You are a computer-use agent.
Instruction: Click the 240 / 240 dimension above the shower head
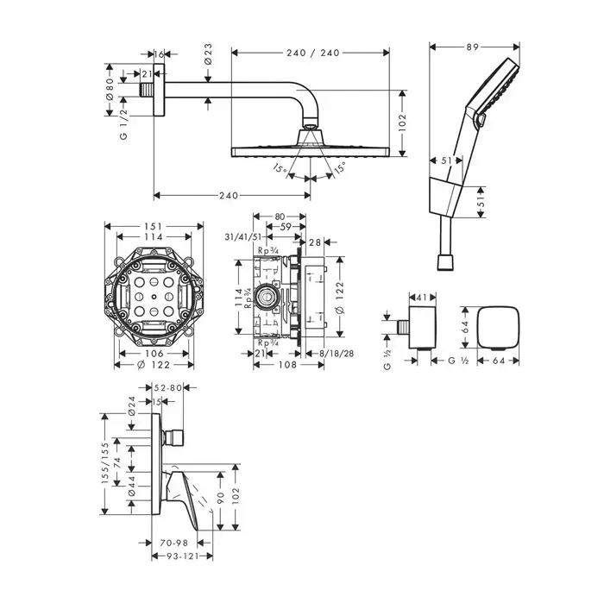[312, 53]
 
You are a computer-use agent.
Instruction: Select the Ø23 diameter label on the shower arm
[208, 54]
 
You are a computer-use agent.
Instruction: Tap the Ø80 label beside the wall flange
[110, 90]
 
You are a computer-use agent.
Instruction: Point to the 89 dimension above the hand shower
[472, 47]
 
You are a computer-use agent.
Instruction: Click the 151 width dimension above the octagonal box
[154, 226]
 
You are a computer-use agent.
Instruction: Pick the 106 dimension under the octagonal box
[154, 353]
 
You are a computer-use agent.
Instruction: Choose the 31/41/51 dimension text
[243, 237]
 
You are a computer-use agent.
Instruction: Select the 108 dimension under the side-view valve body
[287, 364]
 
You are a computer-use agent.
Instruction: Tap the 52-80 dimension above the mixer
[167, 388]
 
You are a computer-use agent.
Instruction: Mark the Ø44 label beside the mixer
[131, 487]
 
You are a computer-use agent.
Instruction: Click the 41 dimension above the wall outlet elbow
[423, 298]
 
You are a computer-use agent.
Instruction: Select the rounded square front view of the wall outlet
[498, 328]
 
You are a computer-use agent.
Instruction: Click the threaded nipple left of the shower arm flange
[147, 90]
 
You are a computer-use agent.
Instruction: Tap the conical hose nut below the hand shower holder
[446, 262]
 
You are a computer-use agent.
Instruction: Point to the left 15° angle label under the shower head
[280, 169]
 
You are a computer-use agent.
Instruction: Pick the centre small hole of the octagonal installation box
[154, 297]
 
